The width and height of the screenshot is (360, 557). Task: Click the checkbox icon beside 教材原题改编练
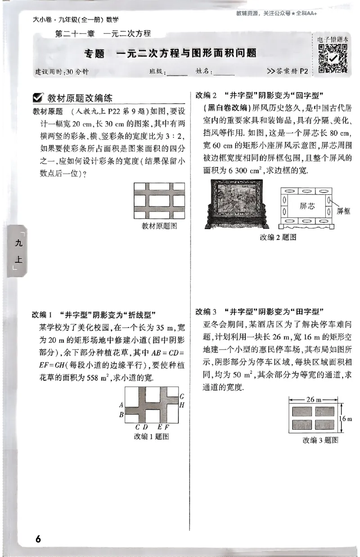pos(39,98)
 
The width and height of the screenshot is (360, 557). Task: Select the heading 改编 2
pos(207,95)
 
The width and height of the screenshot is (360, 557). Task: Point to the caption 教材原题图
pos(159,226)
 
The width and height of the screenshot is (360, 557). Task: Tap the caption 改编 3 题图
pos(320,440)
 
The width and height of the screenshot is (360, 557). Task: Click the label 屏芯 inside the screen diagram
pos(307,206)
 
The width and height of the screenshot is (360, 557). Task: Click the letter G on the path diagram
pos(181,396)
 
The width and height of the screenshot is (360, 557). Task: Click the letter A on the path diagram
pos(121,405)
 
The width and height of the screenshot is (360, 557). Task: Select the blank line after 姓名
pos(225,72)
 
